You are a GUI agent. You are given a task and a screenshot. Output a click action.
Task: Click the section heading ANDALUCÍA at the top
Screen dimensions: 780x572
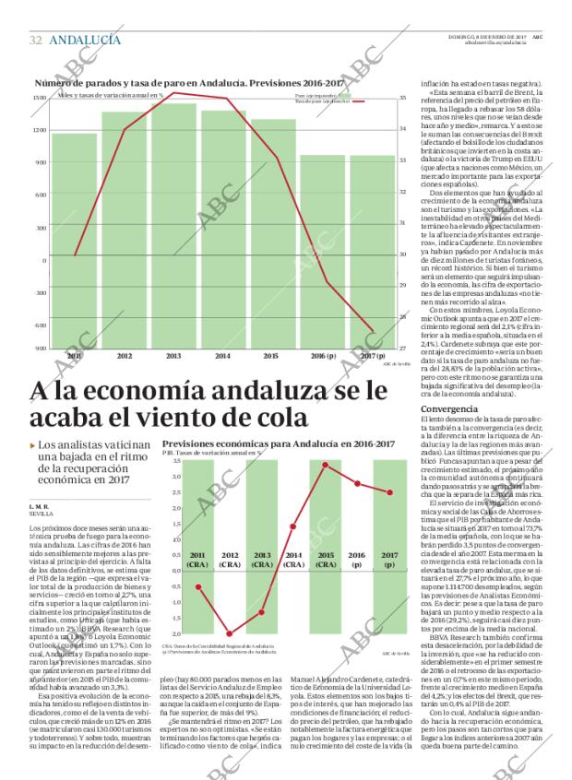click(x=84, y=40)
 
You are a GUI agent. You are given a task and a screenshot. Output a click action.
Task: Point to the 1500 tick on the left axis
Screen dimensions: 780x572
click(x=41, y=97)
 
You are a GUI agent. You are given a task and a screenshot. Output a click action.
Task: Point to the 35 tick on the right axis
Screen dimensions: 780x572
click(x=403, y=97)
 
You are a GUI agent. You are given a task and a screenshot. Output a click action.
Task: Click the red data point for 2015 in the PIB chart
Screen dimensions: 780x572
click(x=325, y=464)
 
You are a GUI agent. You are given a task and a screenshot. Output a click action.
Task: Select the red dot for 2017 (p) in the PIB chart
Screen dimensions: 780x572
click(x=389, y=492)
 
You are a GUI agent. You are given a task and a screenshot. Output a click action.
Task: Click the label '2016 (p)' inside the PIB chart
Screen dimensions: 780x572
click(x=357, y=560)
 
